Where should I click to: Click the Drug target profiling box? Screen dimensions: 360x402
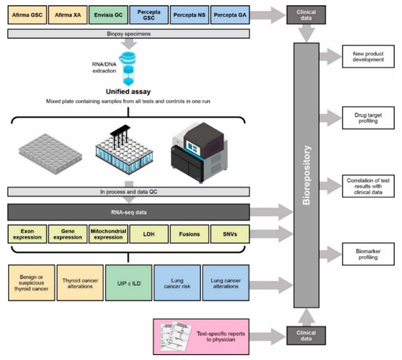(x=369, y=116)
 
